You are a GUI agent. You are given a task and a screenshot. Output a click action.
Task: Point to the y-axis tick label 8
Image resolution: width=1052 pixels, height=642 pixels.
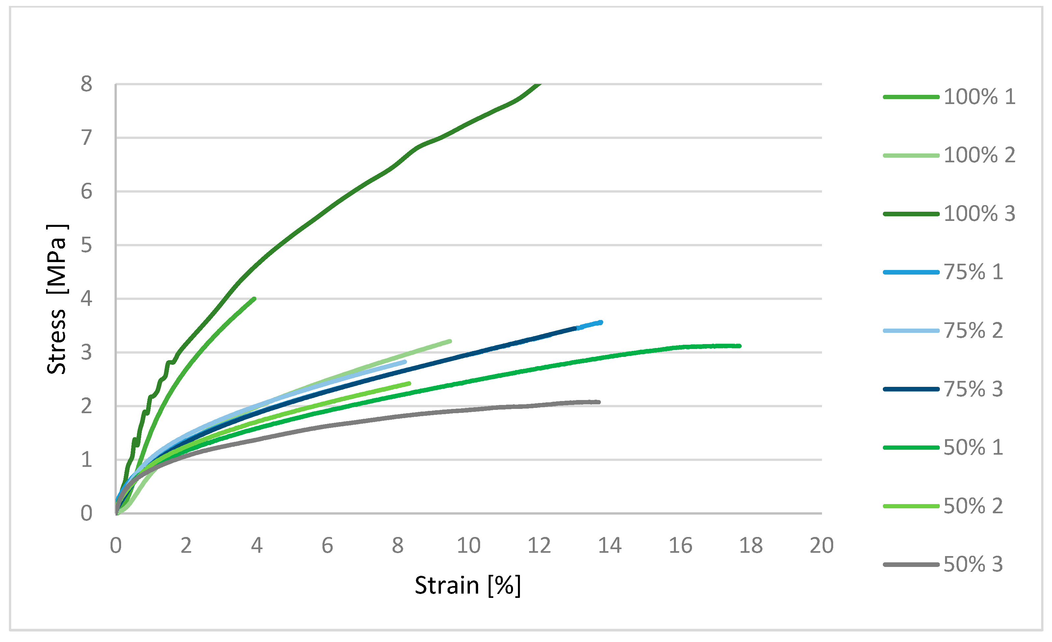click(86, 84)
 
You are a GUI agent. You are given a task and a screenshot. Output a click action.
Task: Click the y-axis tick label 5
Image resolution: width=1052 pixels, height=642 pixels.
click(86, 245)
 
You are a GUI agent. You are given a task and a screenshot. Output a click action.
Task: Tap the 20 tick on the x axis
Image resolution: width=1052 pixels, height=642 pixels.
click(821, 546)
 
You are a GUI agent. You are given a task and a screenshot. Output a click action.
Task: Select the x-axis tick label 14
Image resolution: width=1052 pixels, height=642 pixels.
click(609, 546)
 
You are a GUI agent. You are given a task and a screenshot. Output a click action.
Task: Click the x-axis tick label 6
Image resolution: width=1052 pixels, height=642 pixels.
click(327, 546)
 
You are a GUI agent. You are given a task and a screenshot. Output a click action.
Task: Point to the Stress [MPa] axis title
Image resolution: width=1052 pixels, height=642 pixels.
click(57, 299)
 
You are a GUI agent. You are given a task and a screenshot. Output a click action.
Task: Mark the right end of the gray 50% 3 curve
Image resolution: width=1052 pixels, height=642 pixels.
click(599, 402)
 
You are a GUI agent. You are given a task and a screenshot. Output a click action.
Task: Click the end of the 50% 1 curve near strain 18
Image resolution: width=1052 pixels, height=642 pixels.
click(739, 346)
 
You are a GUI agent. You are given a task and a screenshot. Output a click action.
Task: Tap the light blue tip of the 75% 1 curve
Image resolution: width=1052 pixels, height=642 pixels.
click(601, 323)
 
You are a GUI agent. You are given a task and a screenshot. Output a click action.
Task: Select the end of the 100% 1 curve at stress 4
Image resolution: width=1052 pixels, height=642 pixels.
click(254, 299)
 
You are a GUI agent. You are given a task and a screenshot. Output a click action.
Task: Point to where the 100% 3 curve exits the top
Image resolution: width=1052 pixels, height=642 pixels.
click(540, 85)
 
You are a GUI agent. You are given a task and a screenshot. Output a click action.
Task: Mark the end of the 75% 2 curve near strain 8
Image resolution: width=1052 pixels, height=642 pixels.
click(405, 362)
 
